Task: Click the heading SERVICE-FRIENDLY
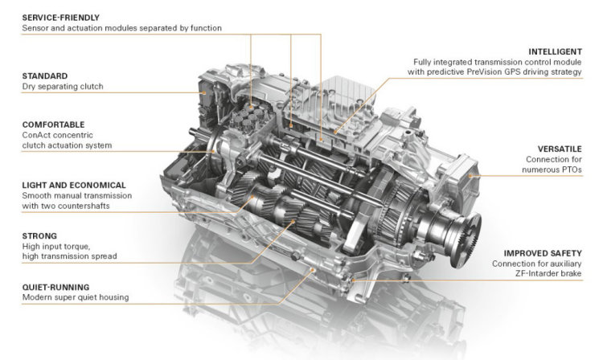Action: tap(61, 18)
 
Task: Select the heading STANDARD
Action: tap(44, 76)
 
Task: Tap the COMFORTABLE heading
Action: tap(53, 125)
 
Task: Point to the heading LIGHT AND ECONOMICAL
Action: tap(74, 185)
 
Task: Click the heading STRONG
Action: tap(39, 236)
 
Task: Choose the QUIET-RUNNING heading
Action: tap(55, 287)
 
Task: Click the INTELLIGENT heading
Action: tap(555, 51)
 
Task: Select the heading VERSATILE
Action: tap(560, 149)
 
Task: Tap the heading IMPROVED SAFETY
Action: tap(543, 254)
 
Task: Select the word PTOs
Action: tap(571, 170)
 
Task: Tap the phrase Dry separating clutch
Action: tap(63, 87)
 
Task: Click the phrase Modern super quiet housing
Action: tap(76, 297)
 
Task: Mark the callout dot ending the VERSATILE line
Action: tap(470, 176)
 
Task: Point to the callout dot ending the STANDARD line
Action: tap(204, 92)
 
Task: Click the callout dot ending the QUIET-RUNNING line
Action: tap(313, 270)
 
